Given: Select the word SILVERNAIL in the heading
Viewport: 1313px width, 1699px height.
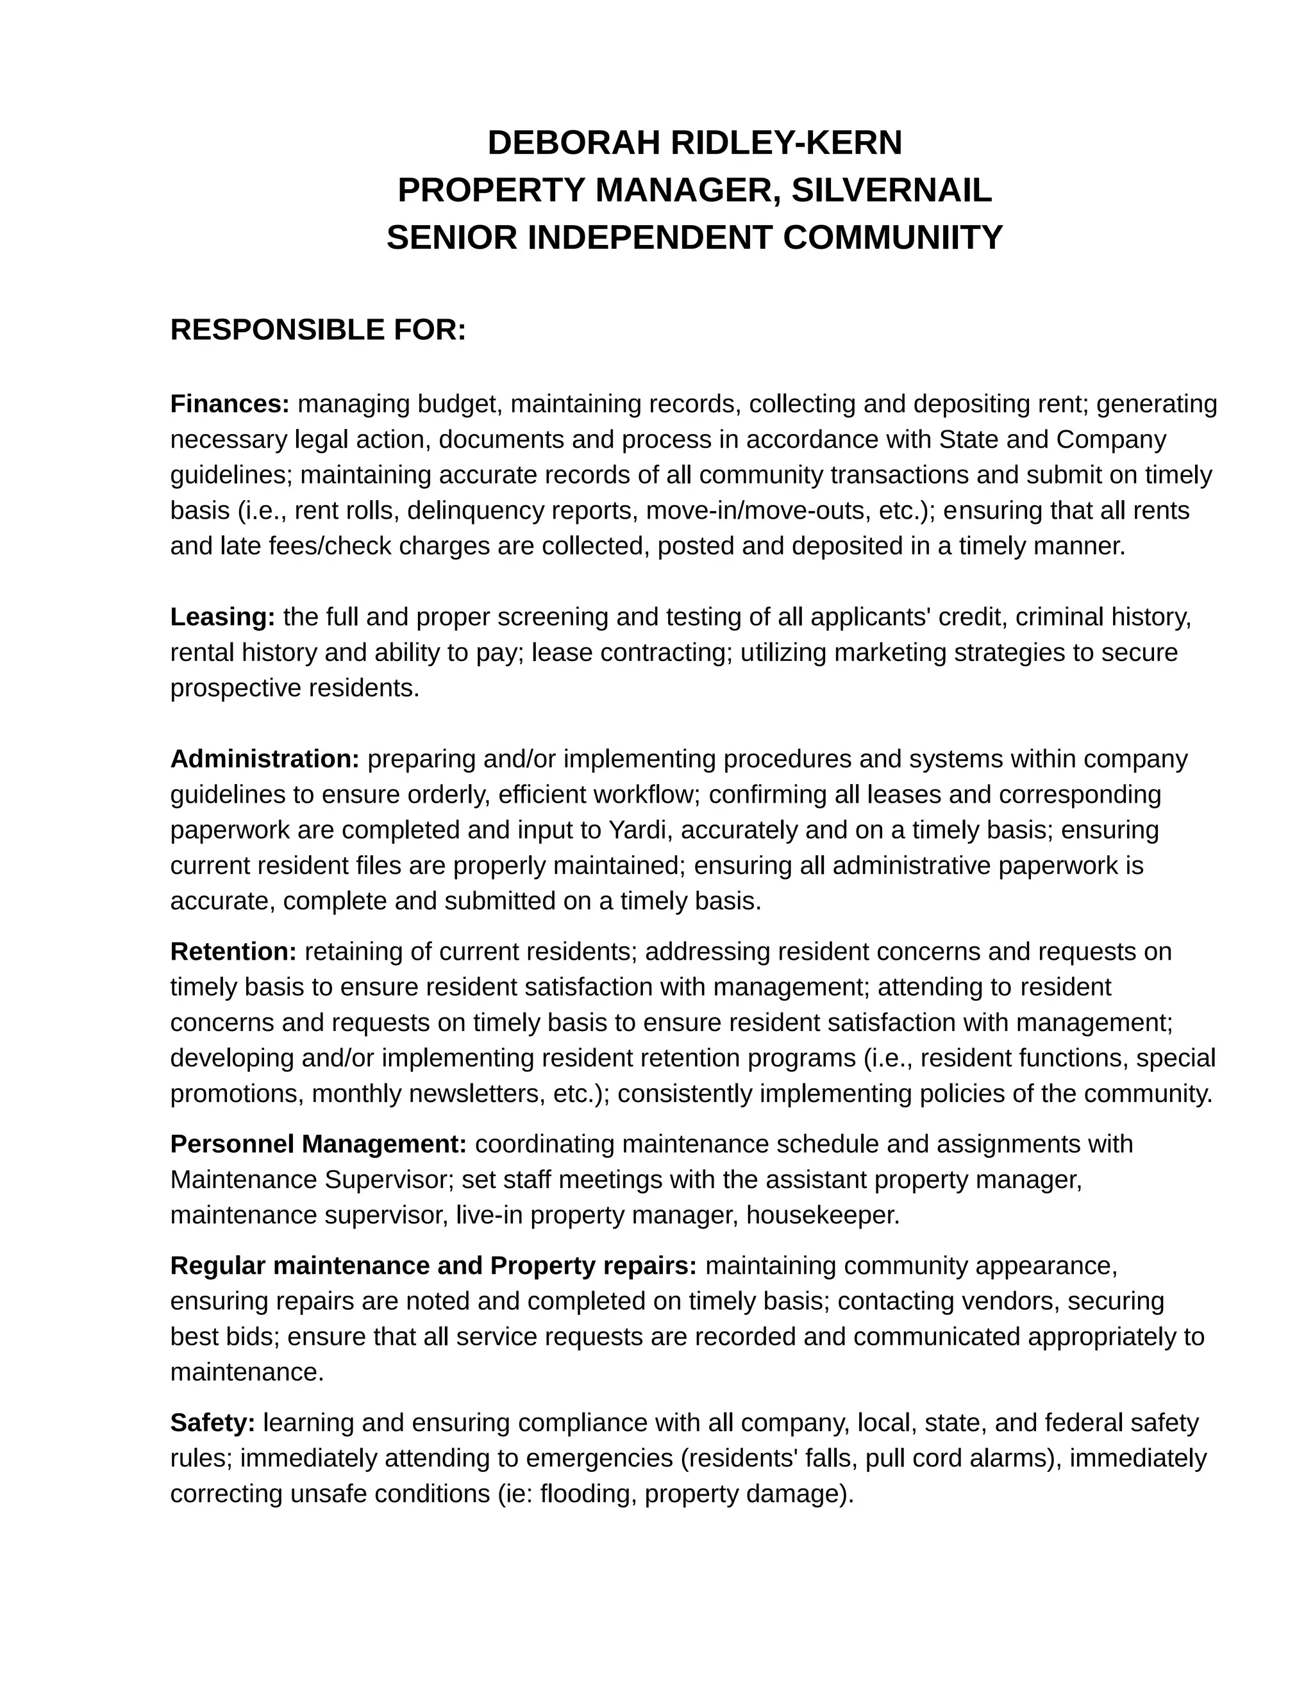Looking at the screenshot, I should (891, 190).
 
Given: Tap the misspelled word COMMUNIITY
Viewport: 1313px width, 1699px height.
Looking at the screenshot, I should (892, 238).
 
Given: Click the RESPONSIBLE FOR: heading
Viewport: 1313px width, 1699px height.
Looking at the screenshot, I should (317, 330).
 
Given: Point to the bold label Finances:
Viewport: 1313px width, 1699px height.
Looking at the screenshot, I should (230, 405).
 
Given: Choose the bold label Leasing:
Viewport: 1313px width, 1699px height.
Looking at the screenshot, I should (222, 617).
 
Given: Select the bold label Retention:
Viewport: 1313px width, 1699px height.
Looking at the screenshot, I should (233, 951).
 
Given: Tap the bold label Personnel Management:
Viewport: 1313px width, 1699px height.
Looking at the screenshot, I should (318, 1144).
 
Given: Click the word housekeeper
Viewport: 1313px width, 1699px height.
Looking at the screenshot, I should (822, 1215).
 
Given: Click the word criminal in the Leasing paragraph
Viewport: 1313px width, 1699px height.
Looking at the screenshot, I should (1059, 617).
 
